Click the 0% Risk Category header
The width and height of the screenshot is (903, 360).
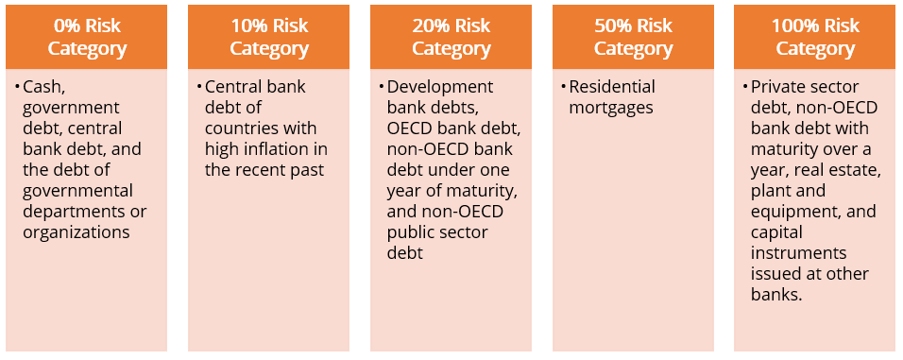tap(87, 38)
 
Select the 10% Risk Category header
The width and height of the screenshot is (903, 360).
tap(269, 38)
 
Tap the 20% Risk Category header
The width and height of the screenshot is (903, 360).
tap(451, 38)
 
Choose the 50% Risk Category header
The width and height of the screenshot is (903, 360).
tap(633, 38)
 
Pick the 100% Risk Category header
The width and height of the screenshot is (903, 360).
tap(814, 38)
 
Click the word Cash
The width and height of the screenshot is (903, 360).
tap(42, 87)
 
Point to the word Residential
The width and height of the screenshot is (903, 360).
tap(611, 87)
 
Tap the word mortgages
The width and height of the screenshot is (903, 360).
tap(611, 108)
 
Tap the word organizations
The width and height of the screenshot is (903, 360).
tap(77, 232)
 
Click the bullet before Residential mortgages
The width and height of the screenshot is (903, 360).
tap(562, 87)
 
